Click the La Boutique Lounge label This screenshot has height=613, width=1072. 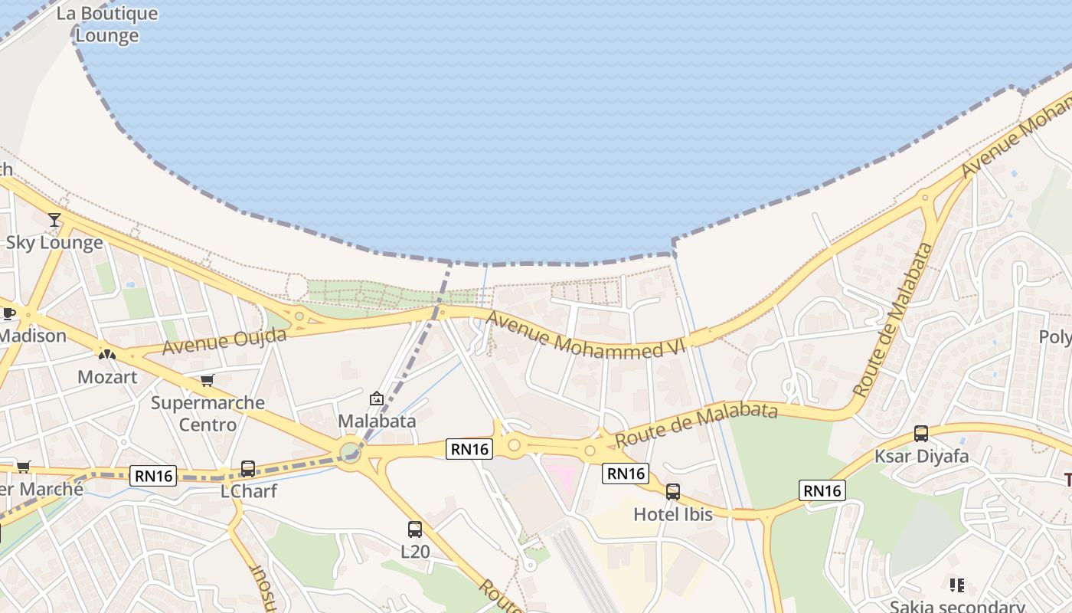(106, 25)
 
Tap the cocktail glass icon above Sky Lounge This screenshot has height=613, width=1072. (54, 221)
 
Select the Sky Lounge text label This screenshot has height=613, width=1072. (54, 243)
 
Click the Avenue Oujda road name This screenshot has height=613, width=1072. (224, 342)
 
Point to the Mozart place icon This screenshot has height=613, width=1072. (106, 355)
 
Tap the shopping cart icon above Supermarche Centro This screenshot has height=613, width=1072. (207, 381)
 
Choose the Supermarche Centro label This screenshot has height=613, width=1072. (208, 413)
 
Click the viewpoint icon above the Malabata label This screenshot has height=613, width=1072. (377, 398)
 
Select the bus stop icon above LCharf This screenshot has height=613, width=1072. (248, 468)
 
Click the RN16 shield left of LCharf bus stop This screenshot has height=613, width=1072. (154, 476)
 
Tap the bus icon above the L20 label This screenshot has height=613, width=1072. (415, 529)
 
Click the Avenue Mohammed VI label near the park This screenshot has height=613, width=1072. (585, 336)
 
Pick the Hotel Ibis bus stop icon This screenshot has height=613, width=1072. (673, 492)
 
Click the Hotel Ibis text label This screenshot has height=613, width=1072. (673, 514)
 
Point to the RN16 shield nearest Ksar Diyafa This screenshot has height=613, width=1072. (822, 490)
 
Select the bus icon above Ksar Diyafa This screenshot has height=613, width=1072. (921, 434)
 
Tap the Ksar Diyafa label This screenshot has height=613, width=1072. (921, 457)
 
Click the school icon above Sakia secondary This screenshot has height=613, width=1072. (957, 585)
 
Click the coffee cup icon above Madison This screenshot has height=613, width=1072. (9, 313)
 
